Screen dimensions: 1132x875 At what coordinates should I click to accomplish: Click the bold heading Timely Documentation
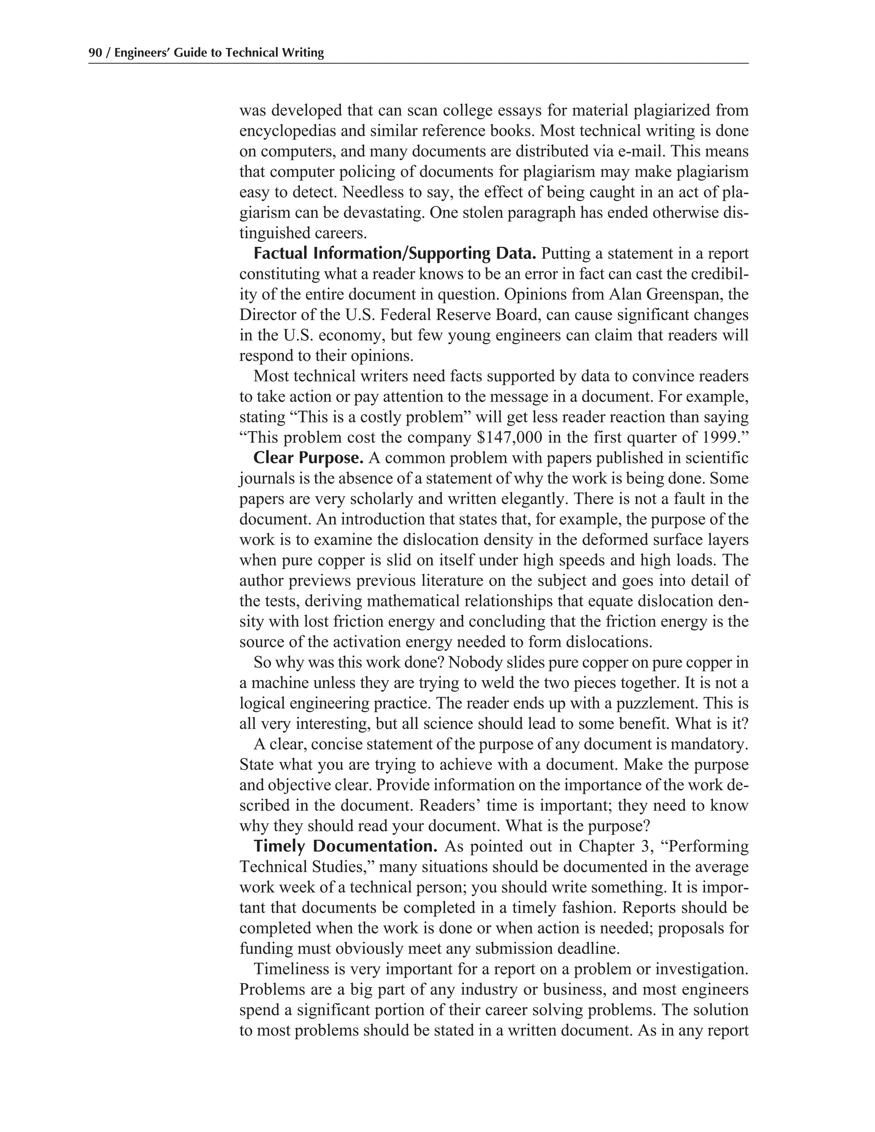(x=345, y=846)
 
